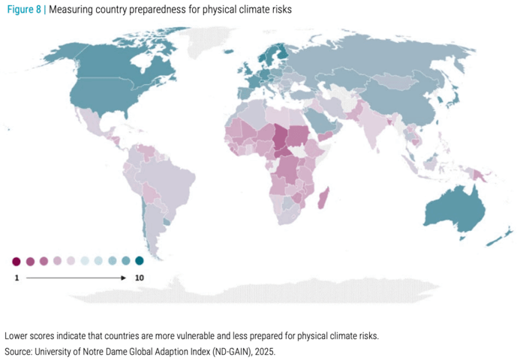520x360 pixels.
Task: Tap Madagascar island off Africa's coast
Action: pyautogui.click(x=324, y=198)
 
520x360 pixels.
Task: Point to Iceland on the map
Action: pyautogui.click(x=229, y=52)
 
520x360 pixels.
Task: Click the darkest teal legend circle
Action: pyautogui.click(x=140, y=260)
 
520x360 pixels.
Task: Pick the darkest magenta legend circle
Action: pyautogui.click(x=17, y=262)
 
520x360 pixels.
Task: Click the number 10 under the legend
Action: pyautogui.click(x=140, y=277)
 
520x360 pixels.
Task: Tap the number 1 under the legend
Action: pyautogui.click(x=17, y=277)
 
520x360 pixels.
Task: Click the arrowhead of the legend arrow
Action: pyautogui.click(x=123, y=277)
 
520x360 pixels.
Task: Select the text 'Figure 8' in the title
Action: pyautogui.click(x=24, y=9)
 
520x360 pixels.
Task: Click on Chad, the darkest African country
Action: pyautogui.click(x=281, y=139)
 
